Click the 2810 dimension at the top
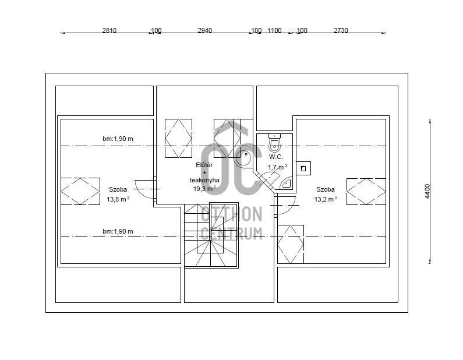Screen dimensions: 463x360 tap(109, 30)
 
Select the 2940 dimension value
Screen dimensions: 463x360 tap(205, 30)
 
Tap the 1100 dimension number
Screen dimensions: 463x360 tap(275, 30)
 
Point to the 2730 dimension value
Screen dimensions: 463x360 tap(341, 30)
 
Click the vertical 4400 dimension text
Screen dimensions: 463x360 tap(427, 191)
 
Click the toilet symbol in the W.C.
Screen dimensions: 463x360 tap(275, 143)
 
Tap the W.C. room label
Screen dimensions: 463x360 tap(276, 157)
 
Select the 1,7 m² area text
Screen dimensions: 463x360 tap(278, 167)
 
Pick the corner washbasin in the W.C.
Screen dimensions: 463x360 tap(286, 183)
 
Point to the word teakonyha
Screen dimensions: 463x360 tap(204, 180)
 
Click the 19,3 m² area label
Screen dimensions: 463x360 tap(204, 189)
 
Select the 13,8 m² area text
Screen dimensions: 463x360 tap(118, 199)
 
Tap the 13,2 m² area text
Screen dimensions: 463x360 tap(326, 199)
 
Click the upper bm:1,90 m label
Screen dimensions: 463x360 tap(118, 139)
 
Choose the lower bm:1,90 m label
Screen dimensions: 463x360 tap(118, 231)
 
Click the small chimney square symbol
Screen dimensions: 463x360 tap(303, 168)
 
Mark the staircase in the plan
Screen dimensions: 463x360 tap(211, 235)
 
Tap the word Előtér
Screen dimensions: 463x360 tap(204, 165)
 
